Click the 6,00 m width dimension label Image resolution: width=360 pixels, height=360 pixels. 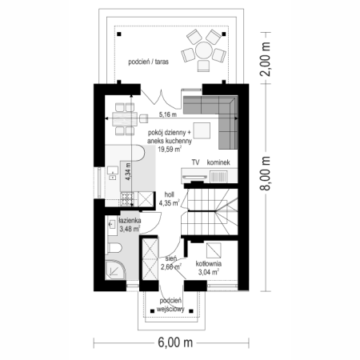click(175, 342)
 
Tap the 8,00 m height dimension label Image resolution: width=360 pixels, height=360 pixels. click(266, 173)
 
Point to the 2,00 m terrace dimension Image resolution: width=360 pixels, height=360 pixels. click(266, 59)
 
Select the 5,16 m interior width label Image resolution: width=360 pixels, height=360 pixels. click(168, 114)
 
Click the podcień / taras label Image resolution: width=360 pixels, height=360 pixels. click(148, 62)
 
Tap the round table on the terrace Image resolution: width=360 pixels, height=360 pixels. click(204, 50)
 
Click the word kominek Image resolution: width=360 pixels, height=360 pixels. click(218, 162)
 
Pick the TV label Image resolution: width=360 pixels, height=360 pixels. click(195, 162)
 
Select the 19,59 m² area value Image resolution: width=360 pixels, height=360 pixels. click(170, 149)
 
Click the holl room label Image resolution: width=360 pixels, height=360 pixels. click(169, 195)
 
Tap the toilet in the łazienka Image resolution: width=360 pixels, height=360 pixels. click(114, 248)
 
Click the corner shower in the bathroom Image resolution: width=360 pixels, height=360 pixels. click(115, 270)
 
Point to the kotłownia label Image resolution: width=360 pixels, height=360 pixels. click(209, 264)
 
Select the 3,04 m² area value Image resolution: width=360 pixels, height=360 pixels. click(209, 272)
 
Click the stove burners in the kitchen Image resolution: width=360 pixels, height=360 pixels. click(126, 199)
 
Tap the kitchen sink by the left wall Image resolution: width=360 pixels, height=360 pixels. click(113, 173)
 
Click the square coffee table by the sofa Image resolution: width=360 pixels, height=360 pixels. click(202, 130)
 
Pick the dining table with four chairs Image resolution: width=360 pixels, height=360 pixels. click(125, 118)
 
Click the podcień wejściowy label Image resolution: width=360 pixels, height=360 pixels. click(170, 305)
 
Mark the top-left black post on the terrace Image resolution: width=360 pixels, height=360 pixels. click(119, 34)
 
